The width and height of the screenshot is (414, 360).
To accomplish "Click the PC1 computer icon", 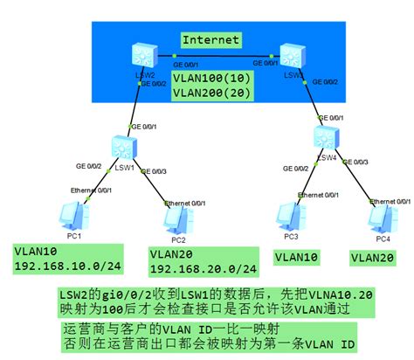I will (70, 212).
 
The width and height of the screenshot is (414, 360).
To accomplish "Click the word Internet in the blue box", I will (210, 39).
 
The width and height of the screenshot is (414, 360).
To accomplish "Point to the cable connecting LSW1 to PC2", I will (150, 181).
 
